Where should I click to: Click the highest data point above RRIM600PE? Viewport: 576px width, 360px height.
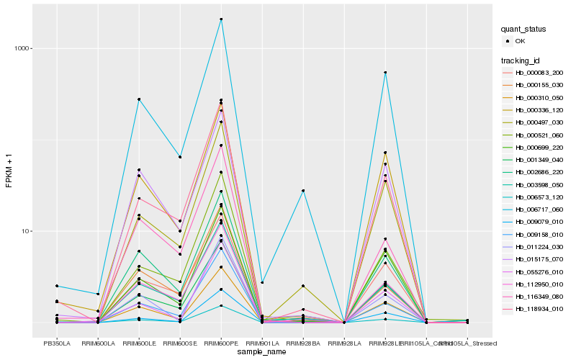point(221,19)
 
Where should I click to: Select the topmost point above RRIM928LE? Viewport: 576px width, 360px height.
point(385,73)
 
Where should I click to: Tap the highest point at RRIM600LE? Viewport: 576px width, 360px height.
point(139,99)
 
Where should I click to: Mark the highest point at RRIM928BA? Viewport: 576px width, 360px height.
point(303,191)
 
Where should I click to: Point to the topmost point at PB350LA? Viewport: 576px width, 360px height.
point(57,286)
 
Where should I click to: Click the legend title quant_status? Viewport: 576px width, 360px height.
point(523,29)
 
